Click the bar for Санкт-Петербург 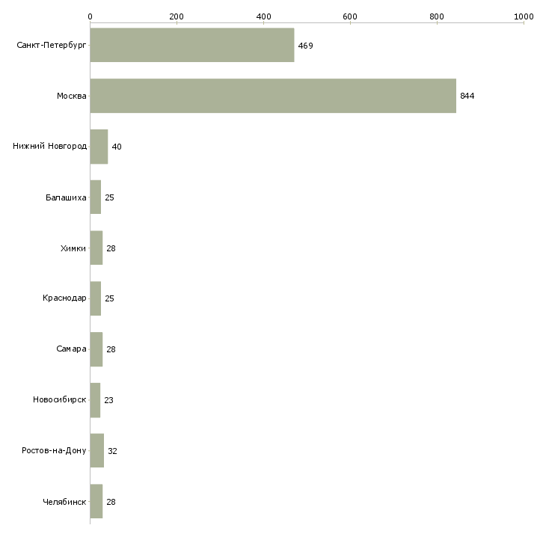[192, 46]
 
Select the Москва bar [273, 96]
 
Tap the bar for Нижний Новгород [99, 147]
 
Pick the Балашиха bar [96, 197]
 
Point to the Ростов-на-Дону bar [97, 450]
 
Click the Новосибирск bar [96, 400]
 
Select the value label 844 [467, 96]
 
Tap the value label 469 [305, 46]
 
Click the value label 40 [117, 147]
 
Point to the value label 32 [112, 451]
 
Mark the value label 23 [108, 400]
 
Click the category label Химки [73, 248]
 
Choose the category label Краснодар [64, 298]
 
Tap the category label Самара [71, 349]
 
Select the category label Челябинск [64, 502]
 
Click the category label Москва [72, 96]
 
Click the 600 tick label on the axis [350, 16]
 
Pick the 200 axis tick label [177, 16]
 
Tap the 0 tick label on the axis [91, 16]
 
